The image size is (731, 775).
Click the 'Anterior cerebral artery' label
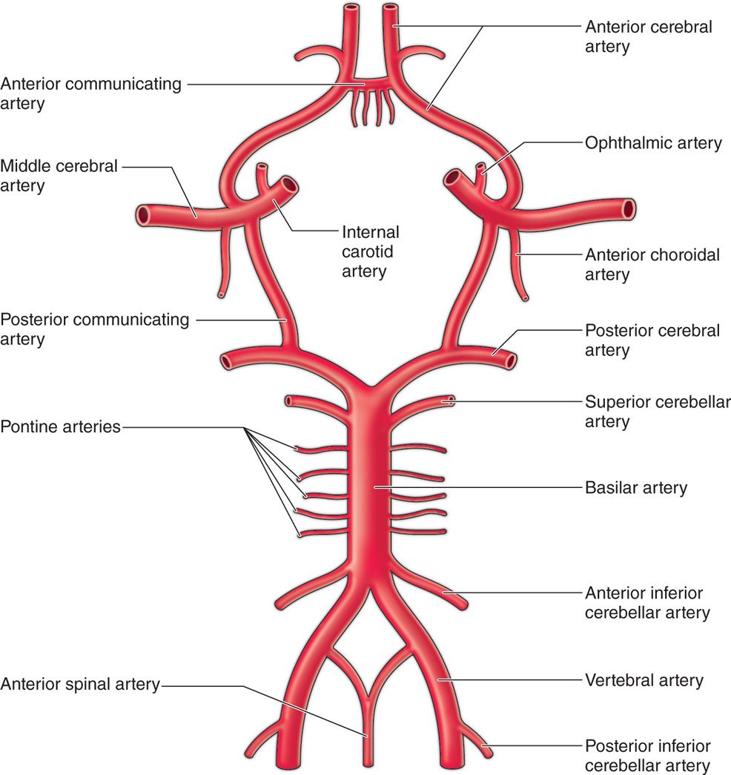649,36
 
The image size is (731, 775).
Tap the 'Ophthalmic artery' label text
653,142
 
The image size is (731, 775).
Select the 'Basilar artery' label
635,488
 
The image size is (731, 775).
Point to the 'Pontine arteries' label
60,427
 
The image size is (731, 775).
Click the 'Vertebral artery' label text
644,679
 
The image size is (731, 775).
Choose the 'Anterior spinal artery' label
80,685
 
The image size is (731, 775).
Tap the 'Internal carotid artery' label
370,251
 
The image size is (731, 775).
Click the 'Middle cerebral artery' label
59,175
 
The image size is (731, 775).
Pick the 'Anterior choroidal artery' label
652,265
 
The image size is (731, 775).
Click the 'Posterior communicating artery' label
95,329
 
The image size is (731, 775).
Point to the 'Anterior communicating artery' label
90,93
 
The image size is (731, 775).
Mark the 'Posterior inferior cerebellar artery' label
648,756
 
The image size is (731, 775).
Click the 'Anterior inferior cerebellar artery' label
647,603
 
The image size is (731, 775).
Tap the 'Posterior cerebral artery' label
652,340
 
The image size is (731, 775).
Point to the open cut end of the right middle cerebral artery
629,208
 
